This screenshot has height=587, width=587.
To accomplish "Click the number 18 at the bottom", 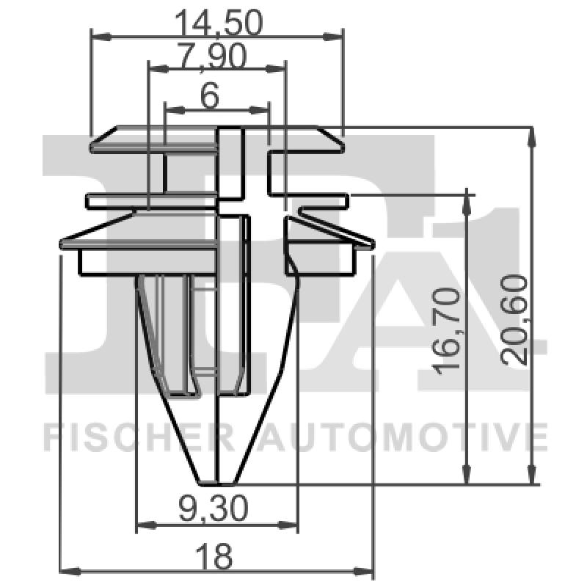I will point(216,555).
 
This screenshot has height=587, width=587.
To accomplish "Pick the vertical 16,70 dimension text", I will point(448,328).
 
